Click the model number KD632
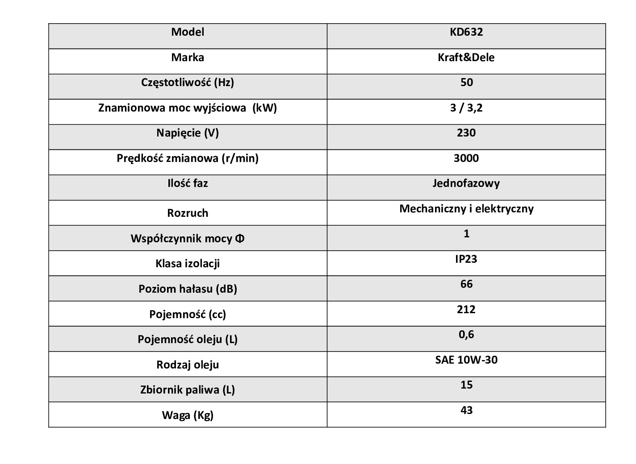tap(466, 32)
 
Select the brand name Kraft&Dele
tap(466, 58)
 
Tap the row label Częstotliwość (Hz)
tap(188, 83)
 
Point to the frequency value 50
tap(466, 83)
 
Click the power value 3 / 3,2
tap(466, 108)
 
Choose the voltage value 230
tap(466, 133)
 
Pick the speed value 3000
tap(466, 158)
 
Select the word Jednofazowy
tap(466, 183)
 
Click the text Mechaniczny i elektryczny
tap(466, 209)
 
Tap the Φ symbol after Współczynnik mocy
tap(239, 239)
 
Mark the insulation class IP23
tap(466, 259)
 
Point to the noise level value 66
tap(466, 284)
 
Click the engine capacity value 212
tap(466, 310)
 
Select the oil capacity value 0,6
tap(466, 335)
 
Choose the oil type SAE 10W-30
tap(466, 360)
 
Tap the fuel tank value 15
tap(466, 385)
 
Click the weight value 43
tap(466, 410)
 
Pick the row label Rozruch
tap(188, 213)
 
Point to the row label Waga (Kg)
tap(188, 415)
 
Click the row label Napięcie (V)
tap(188, 133)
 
